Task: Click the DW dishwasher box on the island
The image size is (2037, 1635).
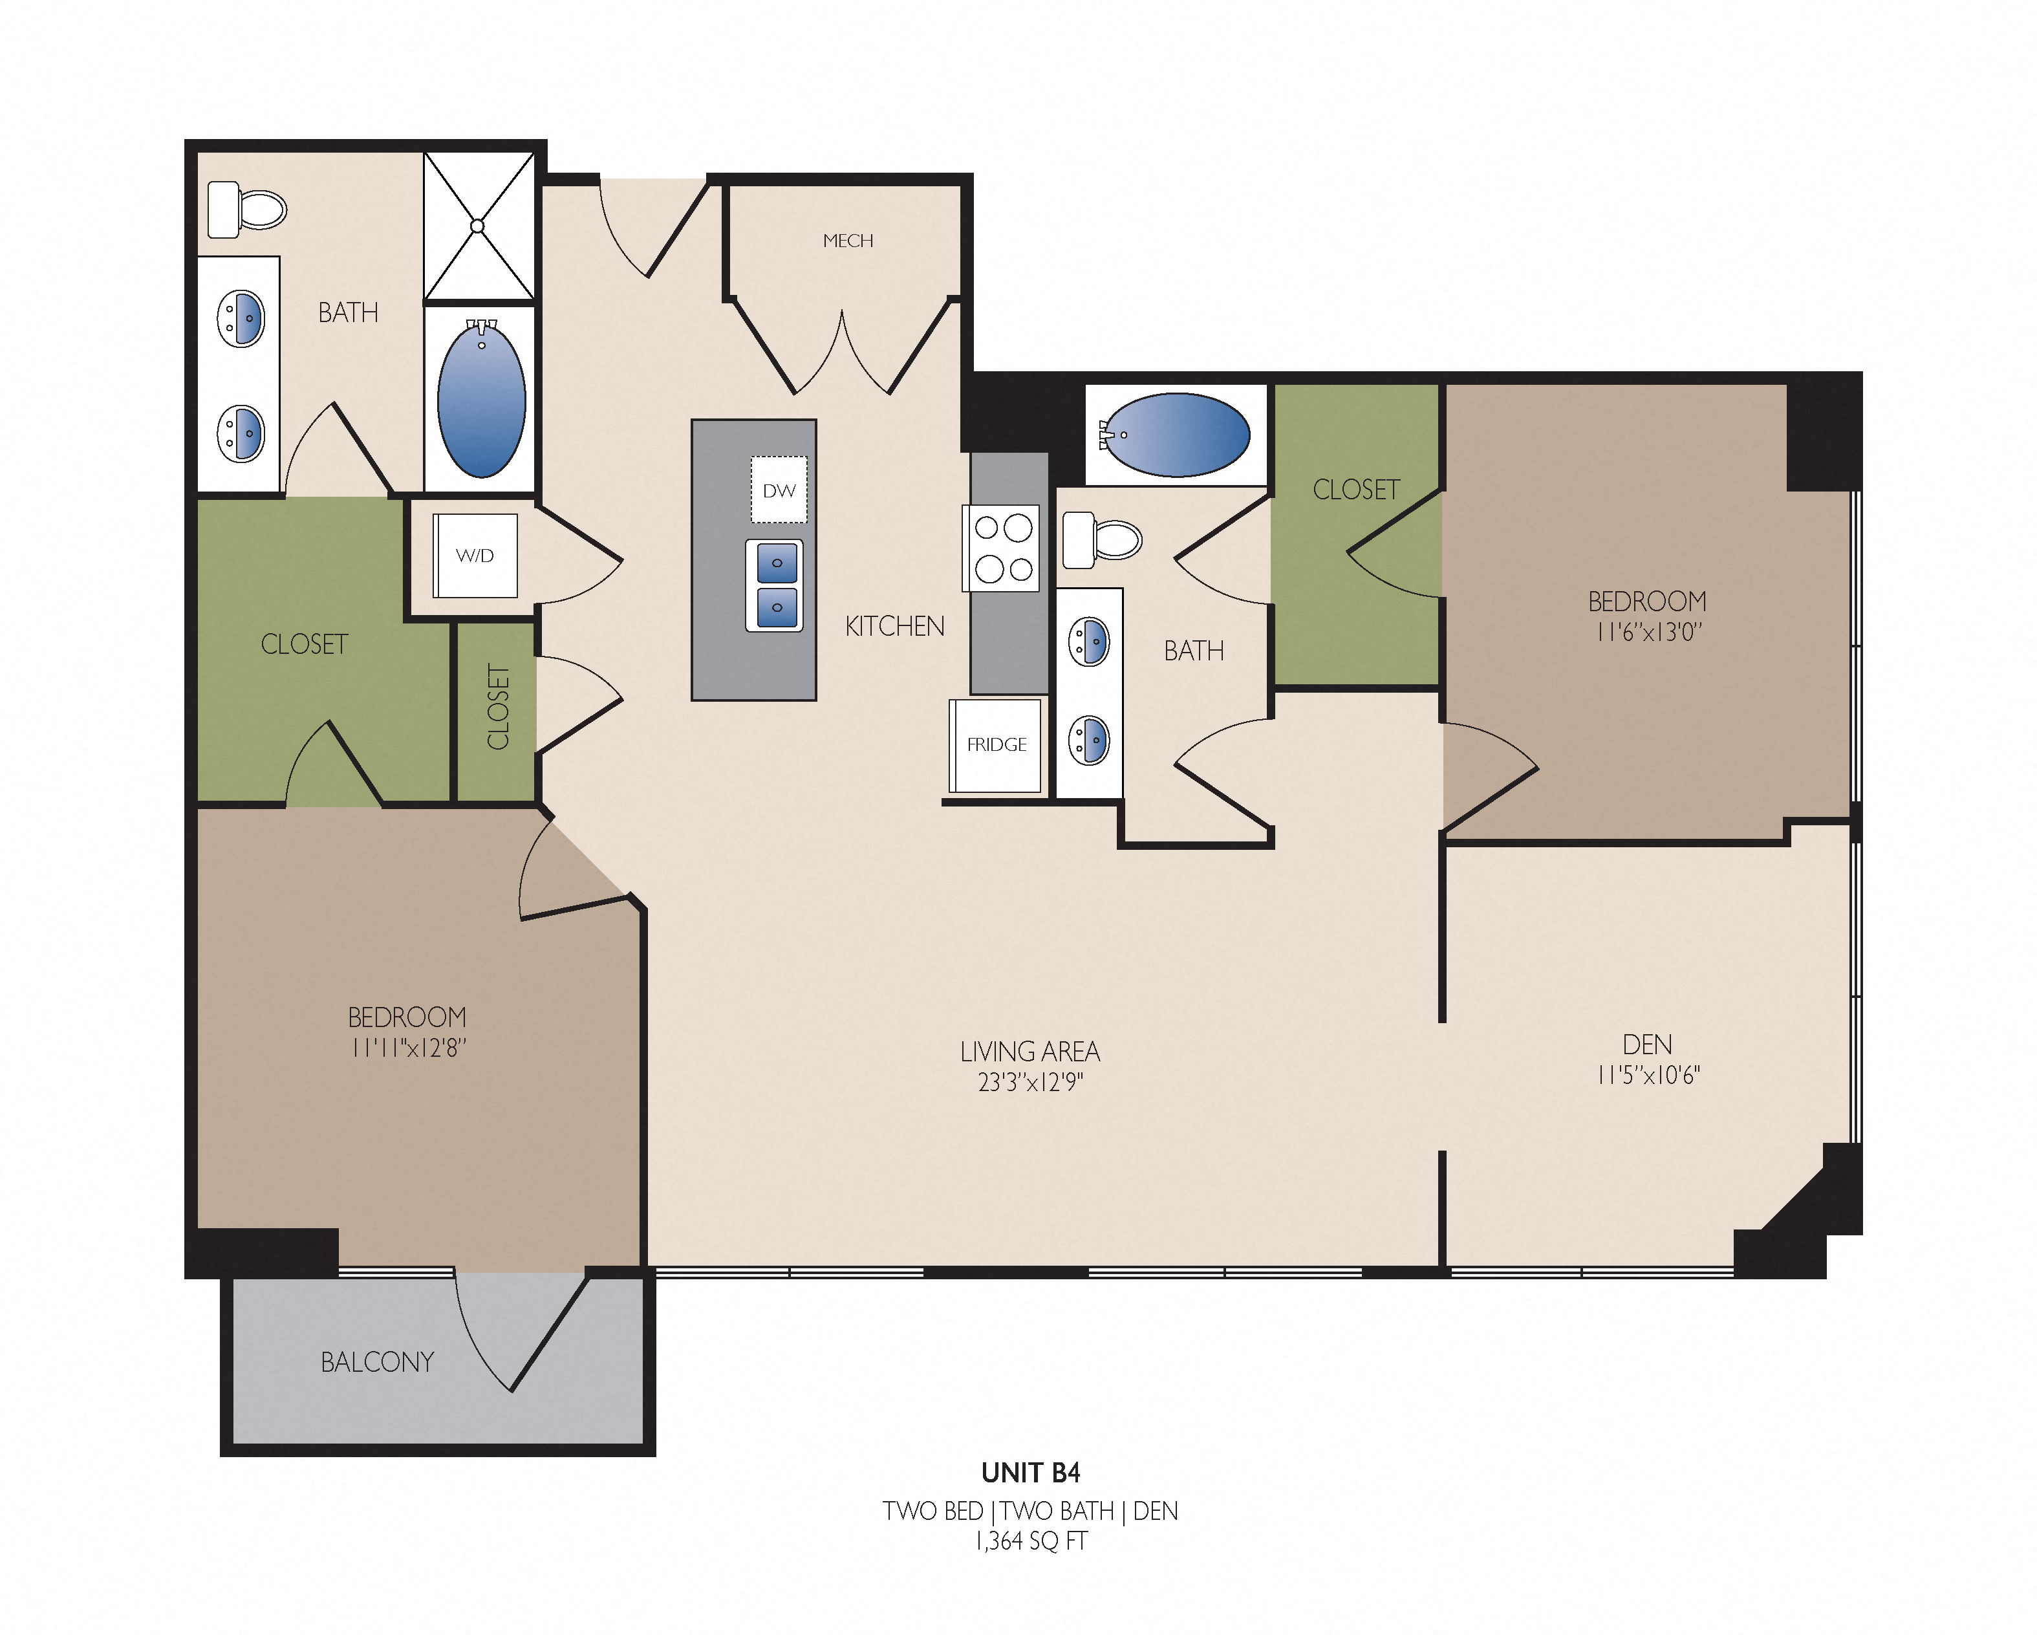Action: [x=779, y=490]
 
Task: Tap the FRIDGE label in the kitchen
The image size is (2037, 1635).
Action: [x=996, y=744]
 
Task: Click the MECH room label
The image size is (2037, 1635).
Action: [x=848, y=241]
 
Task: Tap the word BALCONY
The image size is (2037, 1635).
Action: [x=377, y=1362]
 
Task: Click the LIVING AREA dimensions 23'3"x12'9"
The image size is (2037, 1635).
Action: [x=1030, y=1082]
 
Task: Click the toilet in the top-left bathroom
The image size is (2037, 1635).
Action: [x=246, y=210]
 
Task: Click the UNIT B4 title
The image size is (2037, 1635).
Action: [x=1030, y=1473]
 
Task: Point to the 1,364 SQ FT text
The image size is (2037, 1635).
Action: [x=1031, y=1541]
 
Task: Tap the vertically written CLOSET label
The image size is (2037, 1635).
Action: [x=498, y=707]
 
